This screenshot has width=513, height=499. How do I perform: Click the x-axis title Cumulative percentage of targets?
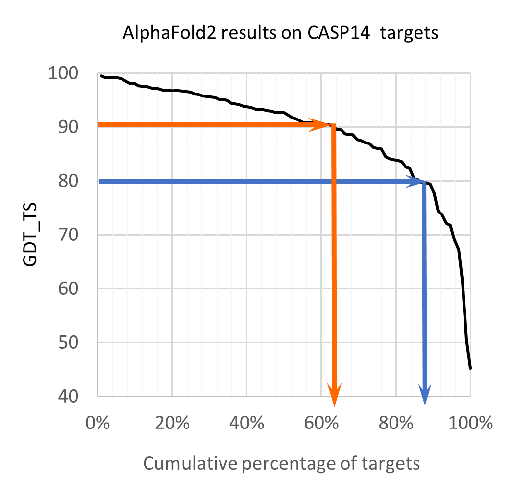tap(281, 463)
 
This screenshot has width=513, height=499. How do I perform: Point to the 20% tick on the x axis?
tap(172, 423)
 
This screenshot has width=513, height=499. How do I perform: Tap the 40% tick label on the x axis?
tap(247, 423)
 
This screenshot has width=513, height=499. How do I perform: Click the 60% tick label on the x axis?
tap(321, 423)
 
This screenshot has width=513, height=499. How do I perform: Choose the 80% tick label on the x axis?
tap(396, 423)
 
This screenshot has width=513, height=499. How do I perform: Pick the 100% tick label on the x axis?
tap(469, 423)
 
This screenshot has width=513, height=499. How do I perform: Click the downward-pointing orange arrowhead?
tap(335, 396)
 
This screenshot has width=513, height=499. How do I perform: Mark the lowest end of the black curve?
tap(470, 368)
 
